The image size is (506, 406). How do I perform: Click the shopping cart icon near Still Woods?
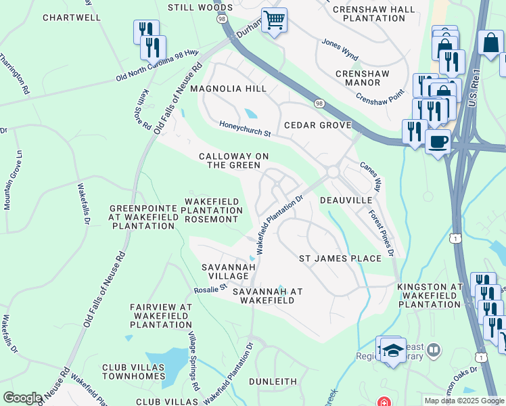(274, 20)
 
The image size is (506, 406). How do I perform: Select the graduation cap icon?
(393, 350)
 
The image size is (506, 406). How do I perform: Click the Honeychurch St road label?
(245, 129)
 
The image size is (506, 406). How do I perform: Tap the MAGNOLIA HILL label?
(228, 89)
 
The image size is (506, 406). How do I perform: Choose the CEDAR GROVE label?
(317, 125)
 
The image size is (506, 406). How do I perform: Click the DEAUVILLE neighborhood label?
(346, 201)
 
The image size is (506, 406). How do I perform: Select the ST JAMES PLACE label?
(340, 258)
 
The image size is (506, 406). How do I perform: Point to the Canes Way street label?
(370, 175)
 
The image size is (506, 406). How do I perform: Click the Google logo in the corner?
(22, 398)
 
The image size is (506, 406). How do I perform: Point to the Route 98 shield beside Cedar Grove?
(319, 103)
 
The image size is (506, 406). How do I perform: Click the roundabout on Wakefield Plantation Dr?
(332, 173)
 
